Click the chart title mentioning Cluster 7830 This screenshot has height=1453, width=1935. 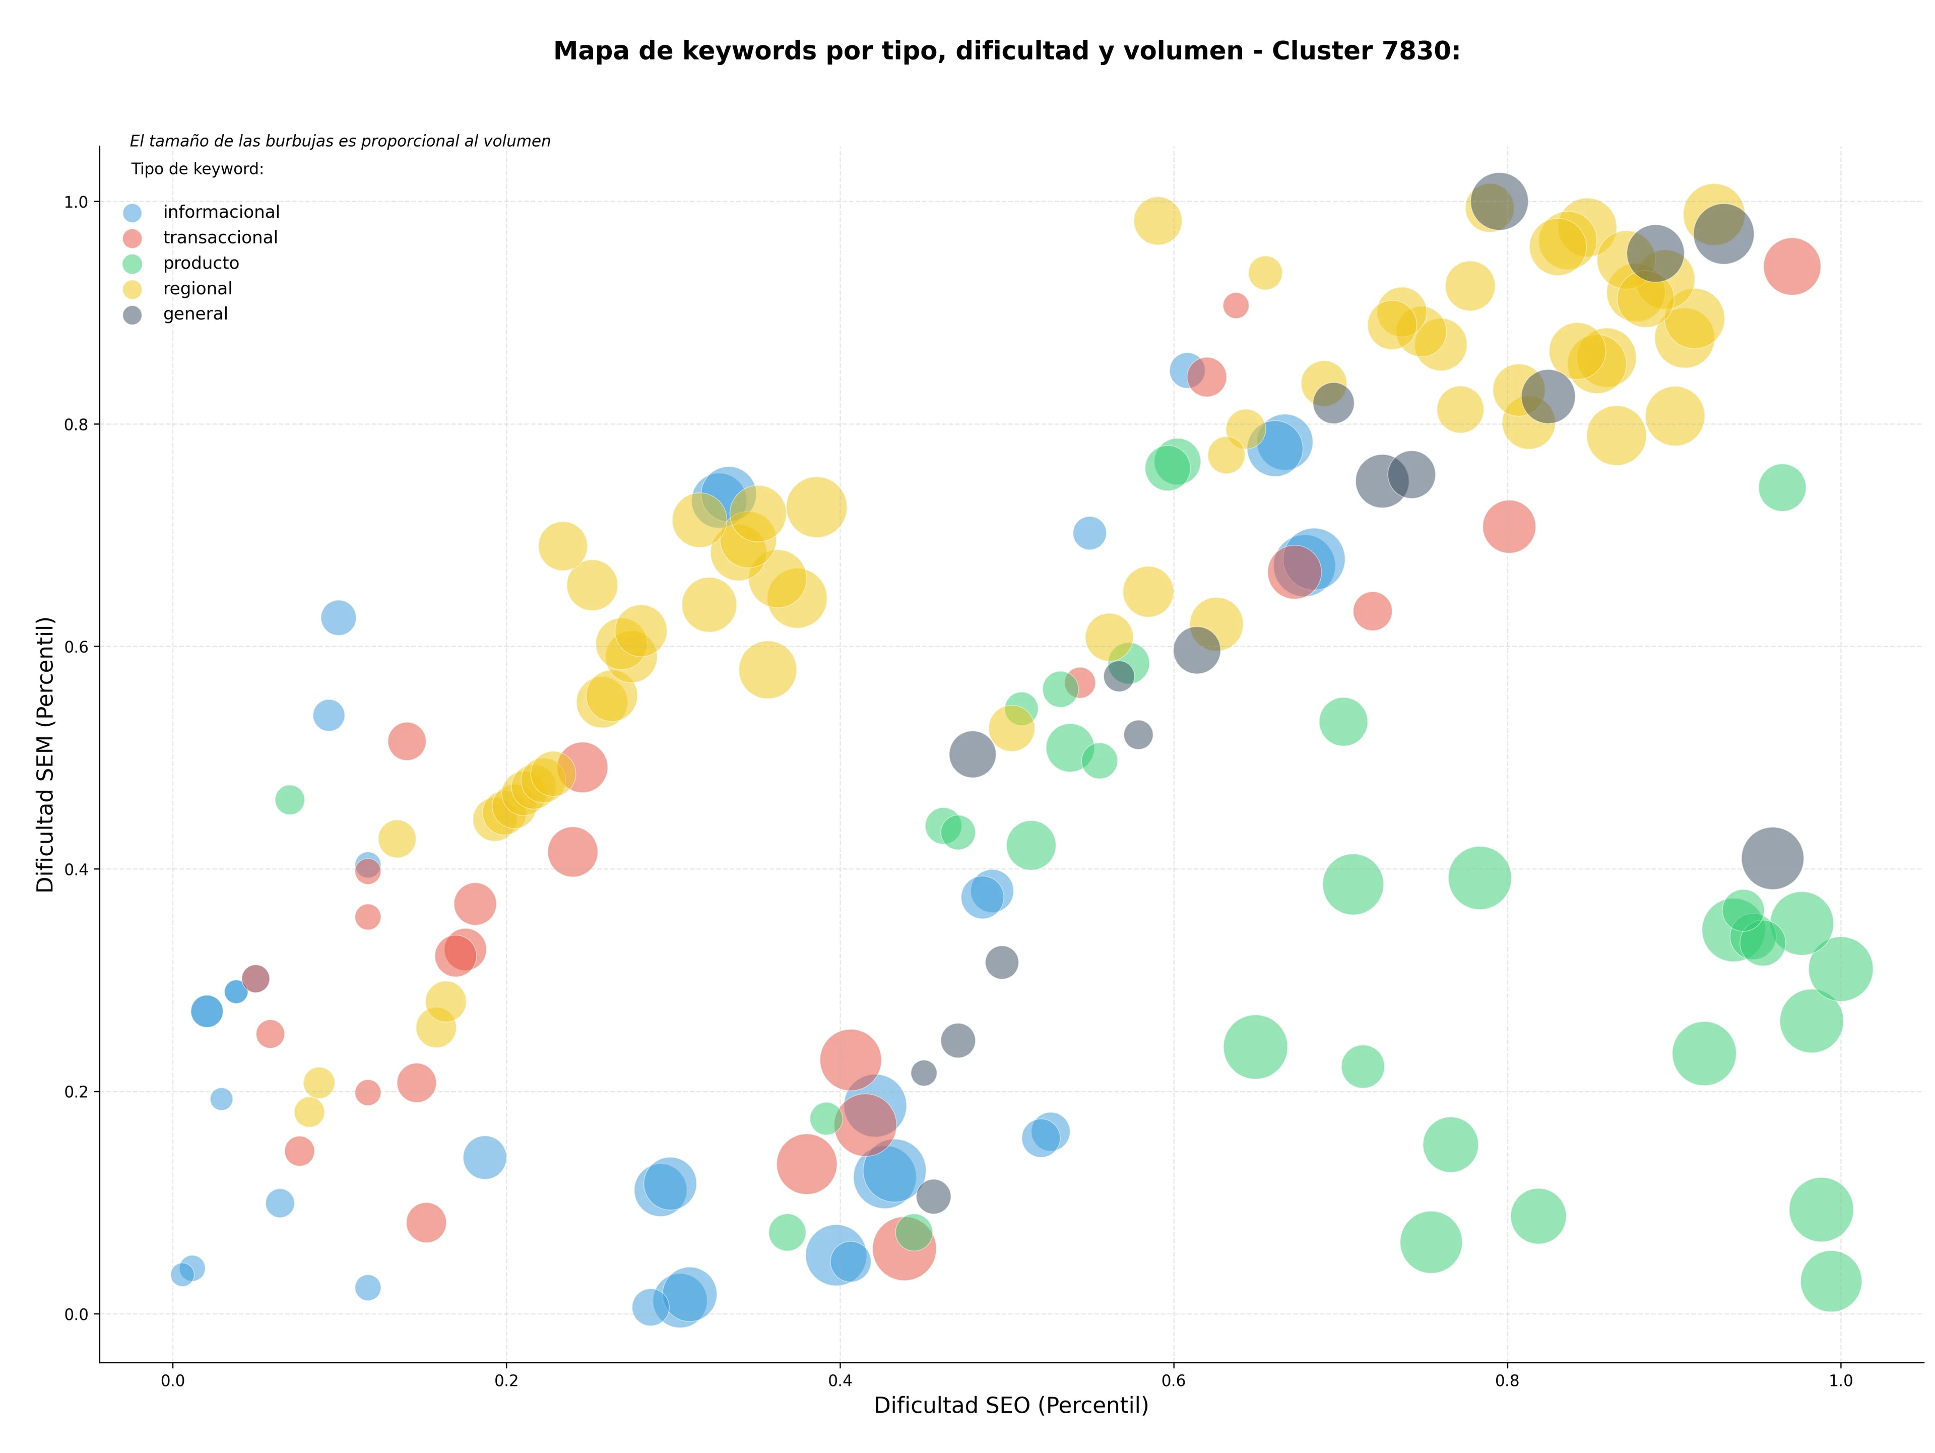[x=1007, y=51]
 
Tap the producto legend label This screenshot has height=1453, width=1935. [x=201, y=263]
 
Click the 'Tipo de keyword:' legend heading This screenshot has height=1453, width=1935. [x=198, y=169]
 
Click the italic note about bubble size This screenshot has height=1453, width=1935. [x=340, y=141]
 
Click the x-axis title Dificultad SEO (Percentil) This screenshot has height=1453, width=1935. [x=1011, y=1405]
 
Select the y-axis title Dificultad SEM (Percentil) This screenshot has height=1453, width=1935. [x=45, y=754]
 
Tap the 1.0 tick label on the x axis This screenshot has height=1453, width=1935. [x=1841, y=1381]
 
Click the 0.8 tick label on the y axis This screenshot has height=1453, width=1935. [x=76, y=424]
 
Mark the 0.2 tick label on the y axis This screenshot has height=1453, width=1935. [x=76, y=1092]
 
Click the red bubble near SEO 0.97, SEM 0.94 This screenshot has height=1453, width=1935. [x=1791, y=267]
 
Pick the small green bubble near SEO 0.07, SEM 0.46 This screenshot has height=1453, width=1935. [x=290, y=799]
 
